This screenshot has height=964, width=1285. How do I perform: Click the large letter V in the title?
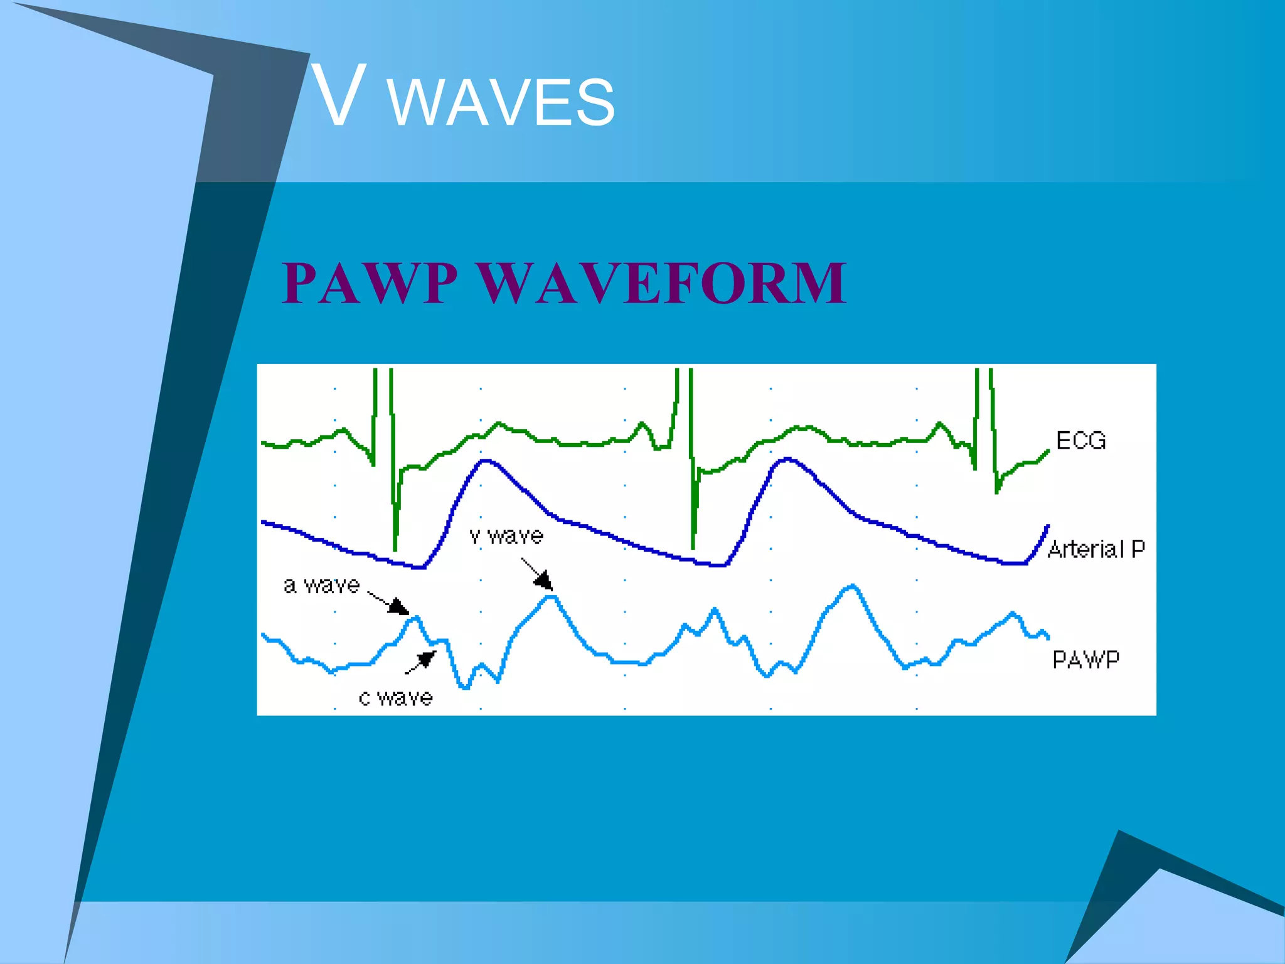click(339, 95)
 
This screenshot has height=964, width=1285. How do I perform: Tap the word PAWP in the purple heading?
click(370, 283)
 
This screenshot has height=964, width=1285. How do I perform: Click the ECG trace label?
click(1080, 441)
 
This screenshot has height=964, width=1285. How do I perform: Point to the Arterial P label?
click(1096, 549)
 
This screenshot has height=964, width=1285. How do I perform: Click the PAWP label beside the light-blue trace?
click(1085, 660)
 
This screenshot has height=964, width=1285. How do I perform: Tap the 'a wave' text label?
click(321, 586)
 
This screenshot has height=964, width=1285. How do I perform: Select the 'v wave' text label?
click(506, 536)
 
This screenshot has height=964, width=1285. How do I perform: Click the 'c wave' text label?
click(395, 697)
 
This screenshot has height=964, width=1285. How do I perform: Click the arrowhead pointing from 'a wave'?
click(399, 607)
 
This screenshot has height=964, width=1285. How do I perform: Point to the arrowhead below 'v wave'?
click(543, 581)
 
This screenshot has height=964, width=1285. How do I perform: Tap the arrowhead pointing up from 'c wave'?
click(427, 659)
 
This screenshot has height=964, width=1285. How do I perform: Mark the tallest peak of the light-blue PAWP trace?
click(851, 587)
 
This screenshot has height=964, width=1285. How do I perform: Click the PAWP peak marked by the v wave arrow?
click(551, 597)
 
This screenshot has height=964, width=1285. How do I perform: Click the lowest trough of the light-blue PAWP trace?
click(465, 687)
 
